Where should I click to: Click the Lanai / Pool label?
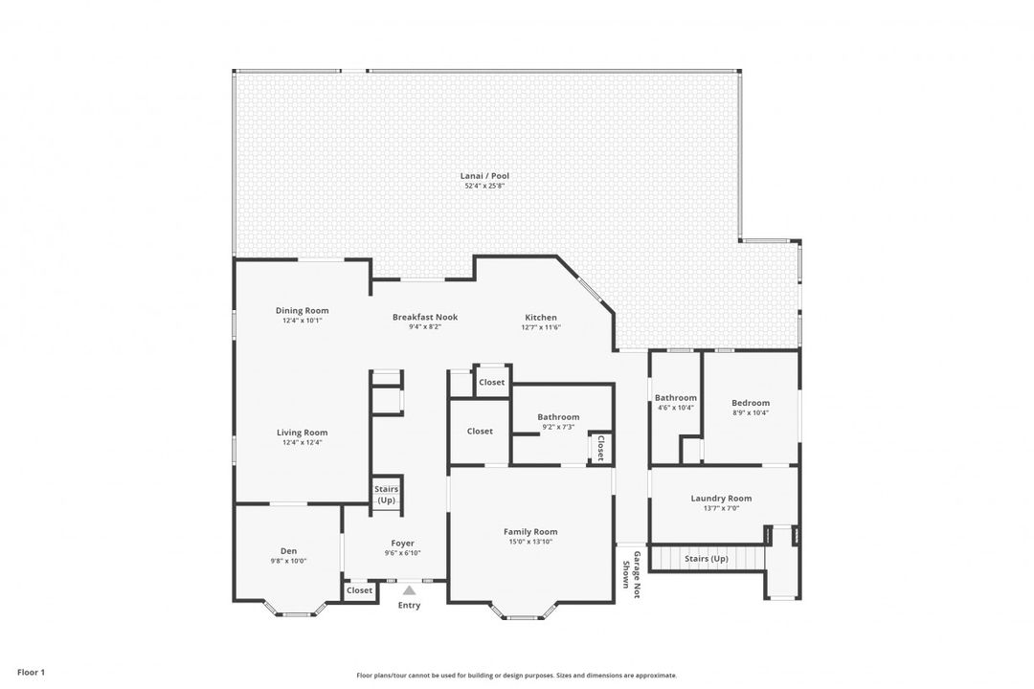coord(484,176)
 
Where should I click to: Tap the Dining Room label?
coord(302,311)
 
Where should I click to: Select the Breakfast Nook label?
coord(425,317)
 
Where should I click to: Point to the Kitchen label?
coord(541,317)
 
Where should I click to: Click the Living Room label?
coord(302,433)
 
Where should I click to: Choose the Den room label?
coord(288,551)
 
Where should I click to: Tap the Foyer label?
coord(402,544)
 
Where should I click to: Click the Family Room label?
coord(530,531)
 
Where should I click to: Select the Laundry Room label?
coord(721,499)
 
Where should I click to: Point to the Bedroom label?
coord(751,403)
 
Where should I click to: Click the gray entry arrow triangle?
coord(410,590)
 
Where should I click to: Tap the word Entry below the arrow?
coord(409,605)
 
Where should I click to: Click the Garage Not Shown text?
coord(631,574)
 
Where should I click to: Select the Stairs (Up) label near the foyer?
coord(387,495)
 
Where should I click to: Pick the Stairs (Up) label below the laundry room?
coord(707,559)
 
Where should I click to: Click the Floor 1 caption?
coord(31,673)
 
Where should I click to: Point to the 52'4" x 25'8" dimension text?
coord(484,186)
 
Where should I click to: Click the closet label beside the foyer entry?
coord(359,590)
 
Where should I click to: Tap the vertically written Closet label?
coord(600,447)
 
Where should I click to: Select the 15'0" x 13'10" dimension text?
coord(530,542)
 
